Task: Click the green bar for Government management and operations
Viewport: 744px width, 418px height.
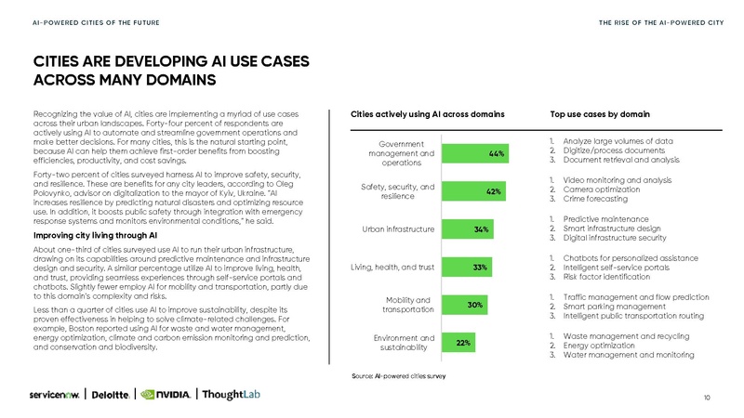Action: (476, 153)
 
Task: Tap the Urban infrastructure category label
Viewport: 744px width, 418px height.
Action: (397, 229)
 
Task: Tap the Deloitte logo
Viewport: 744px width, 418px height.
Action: (113, 393)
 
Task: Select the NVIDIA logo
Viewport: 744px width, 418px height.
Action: (166, 393)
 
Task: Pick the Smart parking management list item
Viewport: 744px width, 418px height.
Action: (608, 306)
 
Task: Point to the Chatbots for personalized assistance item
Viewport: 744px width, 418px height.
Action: (621, 257)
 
